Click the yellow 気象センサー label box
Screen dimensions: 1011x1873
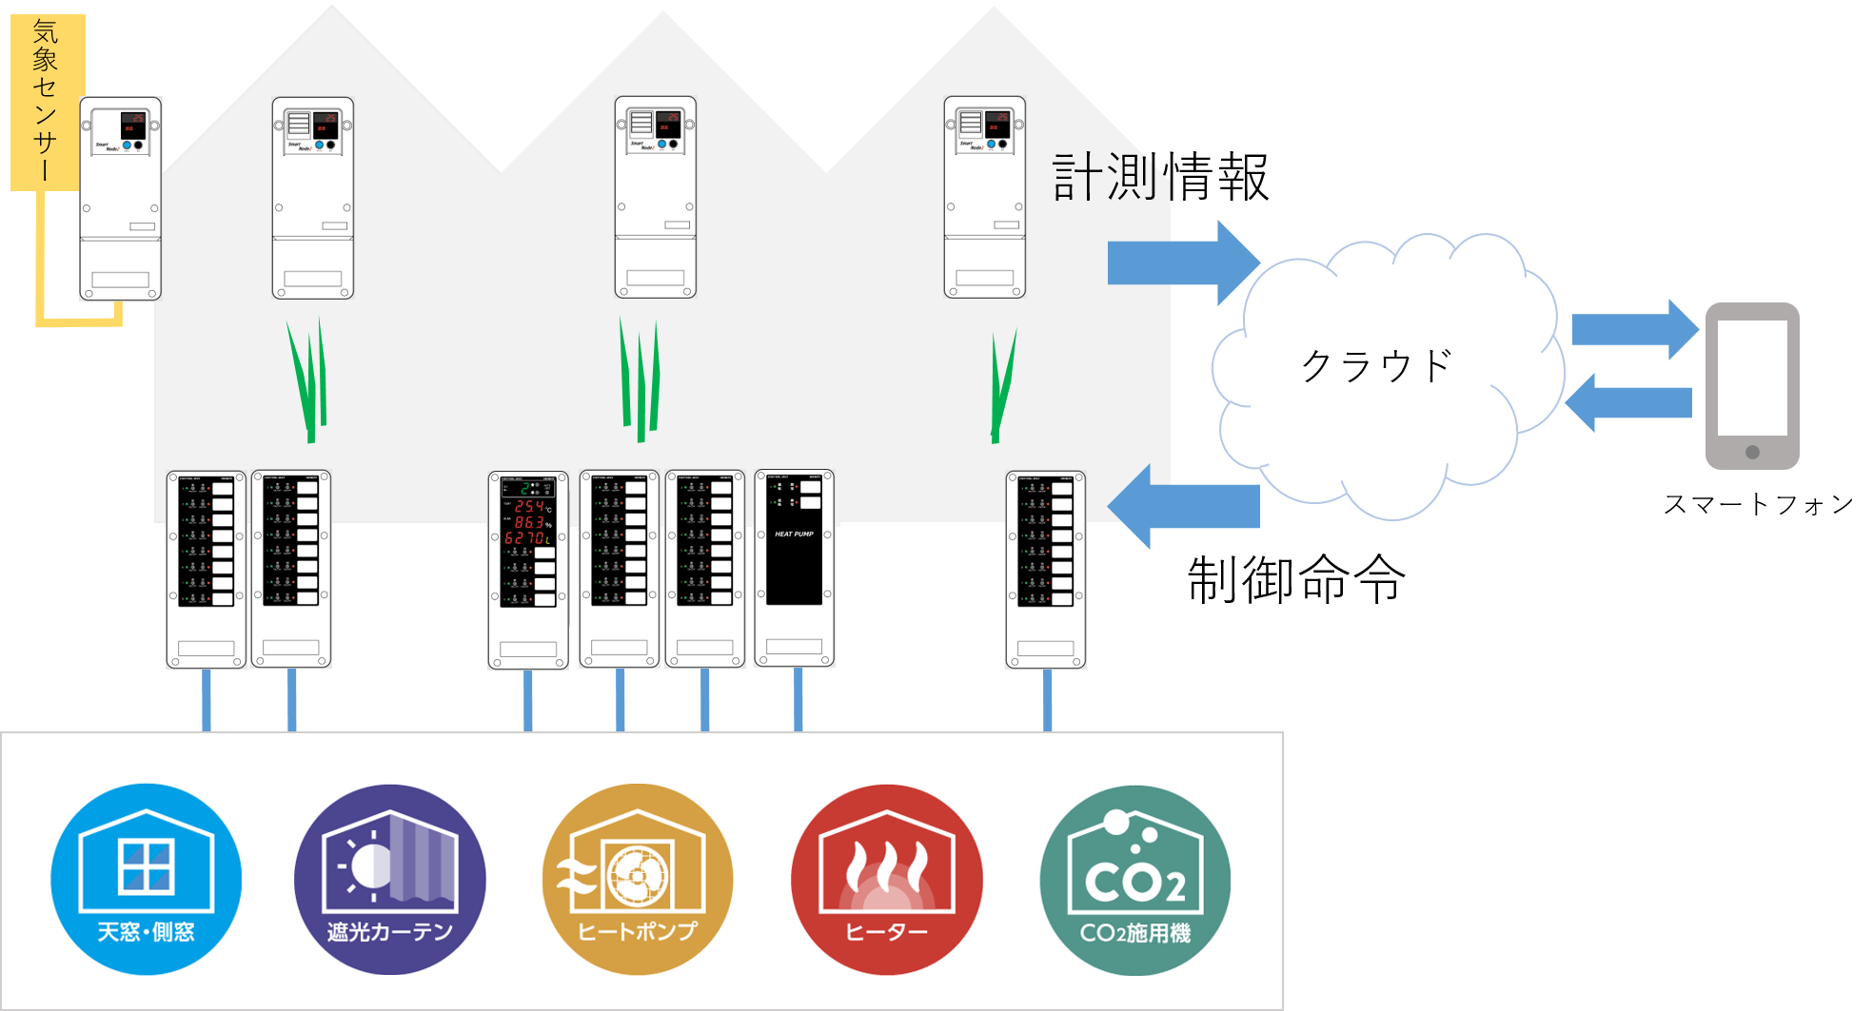point(48,101)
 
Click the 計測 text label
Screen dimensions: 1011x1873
point(1104,178)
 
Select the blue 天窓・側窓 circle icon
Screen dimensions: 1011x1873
point(146,879)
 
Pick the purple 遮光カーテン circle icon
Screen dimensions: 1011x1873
point(390,879)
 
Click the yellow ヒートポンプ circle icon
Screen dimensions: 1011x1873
point(638,879)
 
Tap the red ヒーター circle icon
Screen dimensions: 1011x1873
point(886,879)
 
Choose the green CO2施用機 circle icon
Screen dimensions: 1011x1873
point(1134,879)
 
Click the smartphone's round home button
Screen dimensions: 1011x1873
point(1752,453)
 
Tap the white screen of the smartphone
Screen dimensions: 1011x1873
point(1752,377)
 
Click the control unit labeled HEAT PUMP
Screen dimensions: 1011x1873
point(795,568)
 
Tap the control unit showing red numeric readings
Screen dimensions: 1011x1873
point(528,569)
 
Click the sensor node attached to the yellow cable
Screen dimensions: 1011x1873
point(120,198)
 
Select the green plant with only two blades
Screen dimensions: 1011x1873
point(1001,385)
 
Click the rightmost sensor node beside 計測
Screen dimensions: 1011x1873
point(985,197)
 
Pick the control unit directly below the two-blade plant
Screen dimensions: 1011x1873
point(1046,569)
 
